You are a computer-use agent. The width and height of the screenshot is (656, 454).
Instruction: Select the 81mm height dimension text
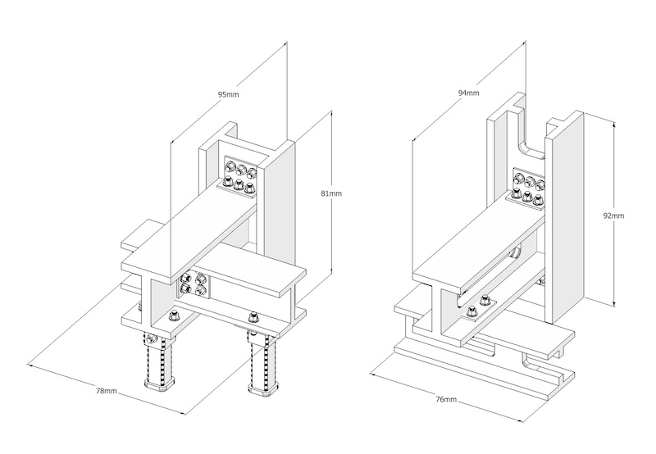click(x=332, y=193)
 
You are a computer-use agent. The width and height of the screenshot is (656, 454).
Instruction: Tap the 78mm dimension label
click(x=107, y=392)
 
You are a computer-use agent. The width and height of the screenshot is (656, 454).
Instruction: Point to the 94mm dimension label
click(x=468, y=93)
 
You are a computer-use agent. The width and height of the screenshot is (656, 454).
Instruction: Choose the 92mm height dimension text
click(x=613, y=216)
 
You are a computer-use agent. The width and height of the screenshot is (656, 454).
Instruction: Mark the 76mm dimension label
click(x=446, y=400)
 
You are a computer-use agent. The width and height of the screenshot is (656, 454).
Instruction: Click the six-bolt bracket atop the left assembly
click(x=239, y=176)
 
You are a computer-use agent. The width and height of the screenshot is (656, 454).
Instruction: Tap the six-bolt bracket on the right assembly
click(x=526, y=185)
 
